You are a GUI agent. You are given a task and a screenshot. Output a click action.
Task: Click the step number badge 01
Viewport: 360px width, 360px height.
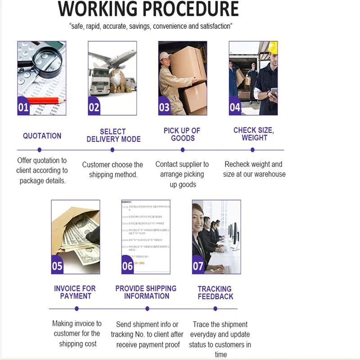tap(23, 108)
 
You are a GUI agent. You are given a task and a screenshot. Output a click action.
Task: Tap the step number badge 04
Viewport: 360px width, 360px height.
tap(235, 108)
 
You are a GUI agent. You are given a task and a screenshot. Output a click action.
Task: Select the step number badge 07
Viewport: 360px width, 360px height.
tap(198, 266)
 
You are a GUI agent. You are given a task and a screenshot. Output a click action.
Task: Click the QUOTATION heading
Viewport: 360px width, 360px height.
tap(42, 135)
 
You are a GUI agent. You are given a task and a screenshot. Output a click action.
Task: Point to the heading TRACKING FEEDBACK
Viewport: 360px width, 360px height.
tap(215, 292)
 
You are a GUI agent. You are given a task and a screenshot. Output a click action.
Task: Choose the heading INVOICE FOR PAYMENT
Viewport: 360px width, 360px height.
tap(75, 292)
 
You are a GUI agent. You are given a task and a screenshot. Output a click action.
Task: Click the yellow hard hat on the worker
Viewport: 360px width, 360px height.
tap(273, 47)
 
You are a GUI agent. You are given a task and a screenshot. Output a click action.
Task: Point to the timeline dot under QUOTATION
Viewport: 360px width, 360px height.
tap(40, 149)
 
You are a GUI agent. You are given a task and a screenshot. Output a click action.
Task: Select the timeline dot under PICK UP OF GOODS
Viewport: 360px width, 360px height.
tap(183, 149)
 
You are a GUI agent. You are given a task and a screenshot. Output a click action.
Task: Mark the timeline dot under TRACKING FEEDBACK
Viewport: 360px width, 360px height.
tap(215, 308)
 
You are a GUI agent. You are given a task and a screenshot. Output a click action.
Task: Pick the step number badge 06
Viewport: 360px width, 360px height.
tap(128, 266)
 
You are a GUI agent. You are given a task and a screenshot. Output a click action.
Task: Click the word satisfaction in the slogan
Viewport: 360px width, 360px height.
tap(211, 26)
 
